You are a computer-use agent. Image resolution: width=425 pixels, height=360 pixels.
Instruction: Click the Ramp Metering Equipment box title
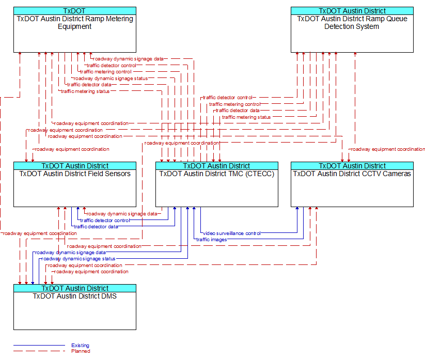coord(75,23)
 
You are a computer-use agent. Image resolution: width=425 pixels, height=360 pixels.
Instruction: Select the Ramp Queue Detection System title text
coord(352,23)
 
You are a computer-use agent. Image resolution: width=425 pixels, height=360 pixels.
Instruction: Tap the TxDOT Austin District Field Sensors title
coord(75,174)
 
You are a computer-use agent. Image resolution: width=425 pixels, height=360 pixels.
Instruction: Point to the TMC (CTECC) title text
coord(217,174)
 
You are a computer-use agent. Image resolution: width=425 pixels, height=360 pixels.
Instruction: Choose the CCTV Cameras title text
coord(352,174)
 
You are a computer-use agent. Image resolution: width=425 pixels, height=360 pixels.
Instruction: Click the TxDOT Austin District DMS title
coord(75,296)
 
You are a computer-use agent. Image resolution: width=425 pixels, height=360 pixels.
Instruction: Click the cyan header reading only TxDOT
coord(75,11)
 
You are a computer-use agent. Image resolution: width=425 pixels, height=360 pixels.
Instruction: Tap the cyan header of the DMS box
coord(75,288)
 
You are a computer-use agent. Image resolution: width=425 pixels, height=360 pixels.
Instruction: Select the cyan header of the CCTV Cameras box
coord(352,166)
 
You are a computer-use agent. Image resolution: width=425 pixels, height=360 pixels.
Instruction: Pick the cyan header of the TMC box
coord(217,166)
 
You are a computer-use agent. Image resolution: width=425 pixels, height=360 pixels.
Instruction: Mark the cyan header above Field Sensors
coord(75,166)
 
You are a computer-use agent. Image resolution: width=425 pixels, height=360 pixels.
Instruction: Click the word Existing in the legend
coord(80,346)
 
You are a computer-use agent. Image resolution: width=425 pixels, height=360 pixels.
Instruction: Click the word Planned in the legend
coord(81,351)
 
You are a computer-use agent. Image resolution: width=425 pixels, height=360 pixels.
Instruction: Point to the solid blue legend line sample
coord(39,346)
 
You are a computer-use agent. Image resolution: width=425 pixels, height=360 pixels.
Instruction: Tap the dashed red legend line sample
coord(39,351)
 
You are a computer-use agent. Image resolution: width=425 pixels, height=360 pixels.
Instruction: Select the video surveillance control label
coord(232,233)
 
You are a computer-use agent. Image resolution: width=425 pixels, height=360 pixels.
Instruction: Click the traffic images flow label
coord(211,240)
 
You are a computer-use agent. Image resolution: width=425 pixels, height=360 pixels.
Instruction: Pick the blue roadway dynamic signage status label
coord(78,259)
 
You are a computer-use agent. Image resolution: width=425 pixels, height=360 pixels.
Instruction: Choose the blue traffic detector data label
coord(96,227)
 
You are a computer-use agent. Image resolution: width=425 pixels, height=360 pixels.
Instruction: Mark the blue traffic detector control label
coord(105,221)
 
